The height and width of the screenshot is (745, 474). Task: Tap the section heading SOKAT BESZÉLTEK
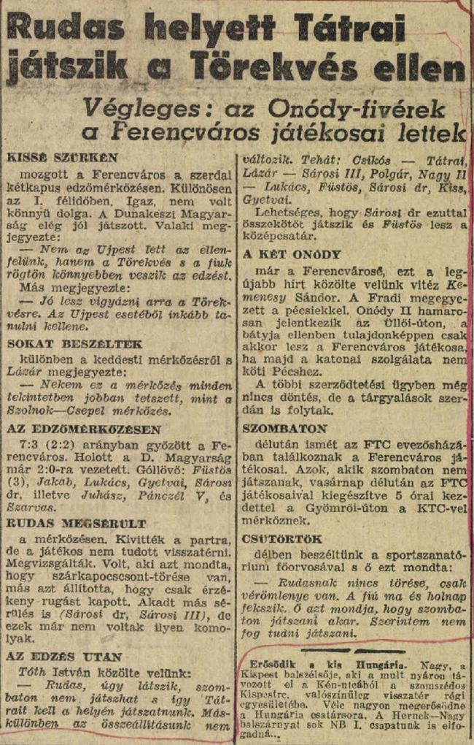click(74, 344)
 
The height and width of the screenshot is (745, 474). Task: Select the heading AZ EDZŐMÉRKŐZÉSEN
click(83, 429)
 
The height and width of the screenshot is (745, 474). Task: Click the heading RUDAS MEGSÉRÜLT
click(77, 523)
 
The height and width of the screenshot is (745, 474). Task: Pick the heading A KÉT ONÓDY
click(291, 254)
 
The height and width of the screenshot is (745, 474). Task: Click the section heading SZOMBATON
click(285, 428)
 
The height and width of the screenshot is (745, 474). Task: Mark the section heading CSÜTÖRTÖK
click(282, 539)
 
